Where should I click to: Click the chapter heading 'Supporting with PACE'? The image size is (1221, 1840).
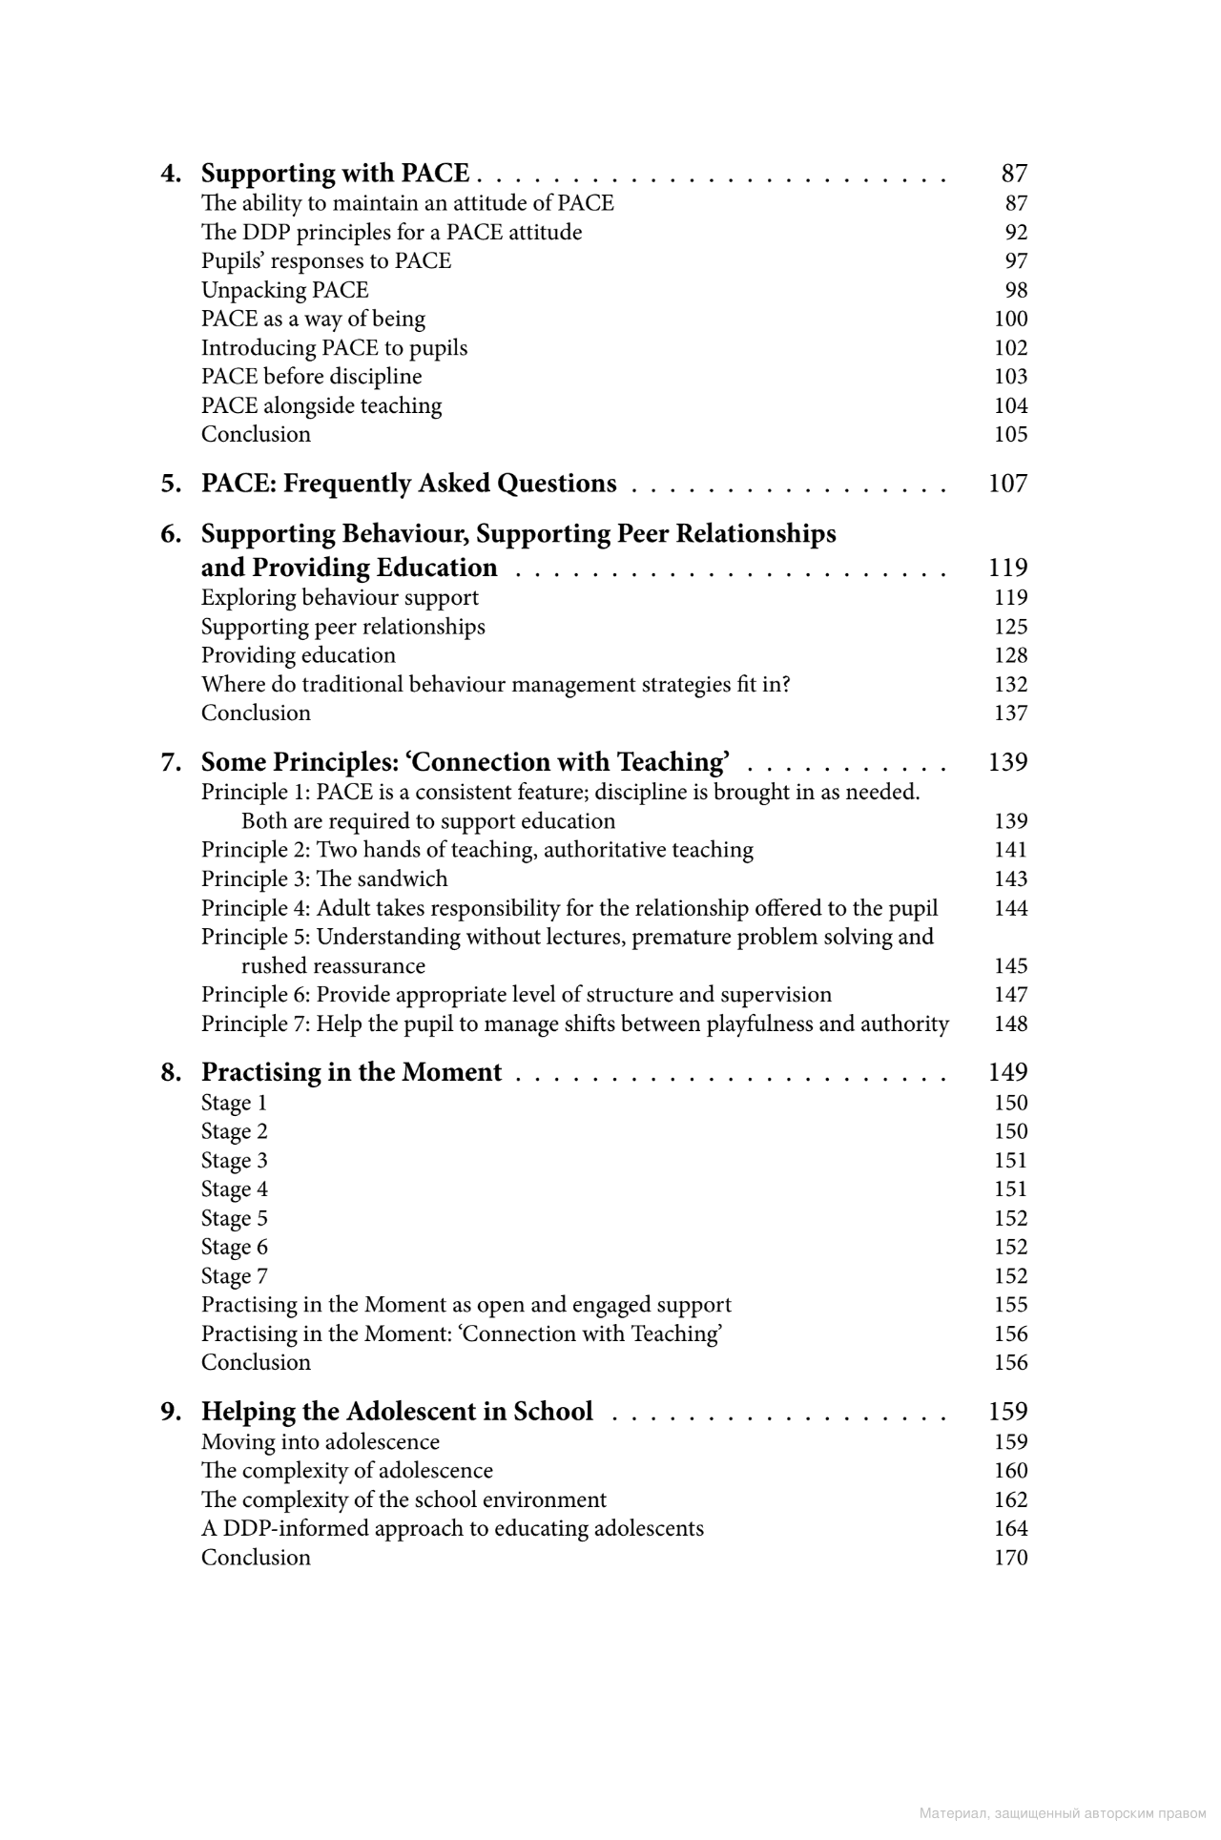(x=335, y=174)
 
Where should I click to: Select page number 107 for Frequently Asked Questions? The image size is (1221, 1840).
(x=1007, y=484)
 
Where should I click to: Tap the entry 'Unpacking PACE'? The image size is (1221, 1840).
(x=284, y=290)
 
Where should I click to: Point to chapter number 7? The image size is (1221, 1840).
(x=171, y=762)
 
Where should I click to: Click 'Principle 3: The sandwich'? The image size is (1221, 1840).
(x=323, y=879)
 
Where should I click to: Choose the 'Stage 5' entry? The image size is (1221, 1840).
(x=234, y=1218)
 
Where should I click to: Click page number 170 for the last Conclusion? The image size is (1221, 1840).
(x=1010, y=1558)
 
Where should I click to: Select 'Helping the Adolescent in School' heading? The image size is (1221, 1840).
(x=397, y=1412)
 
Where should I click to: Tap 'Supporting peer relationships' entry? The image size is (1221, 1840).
(x=342, y=627)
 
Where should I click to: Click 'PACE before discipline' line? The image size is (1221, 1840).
(x=311, y=377)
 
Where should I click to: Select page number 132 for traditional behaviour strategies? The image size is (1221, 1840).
(x=1010, y=685)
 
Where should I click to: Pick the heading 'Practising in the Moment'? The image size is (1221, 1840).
(x=351, y=1073)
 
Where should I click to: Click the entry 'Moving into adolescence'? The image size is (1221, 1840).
(x=320, y=1442)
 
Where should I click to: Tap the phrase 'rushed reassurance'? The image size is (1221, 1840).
(x=333, y=966)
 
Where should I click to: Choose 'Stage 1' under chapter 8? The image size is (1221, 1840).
(x=234, y=1103)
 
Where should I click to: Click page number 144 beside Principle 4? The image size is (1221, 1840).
(x=1010, y=908)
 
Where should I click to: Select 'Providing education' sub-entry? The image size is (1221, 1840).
(x=298, y=655)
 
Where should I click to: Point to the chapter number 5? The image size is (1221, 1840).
(x=171, y=484)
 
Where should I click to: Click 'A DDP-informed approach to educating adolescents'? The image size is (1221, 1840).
(x=452, y=1528)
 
